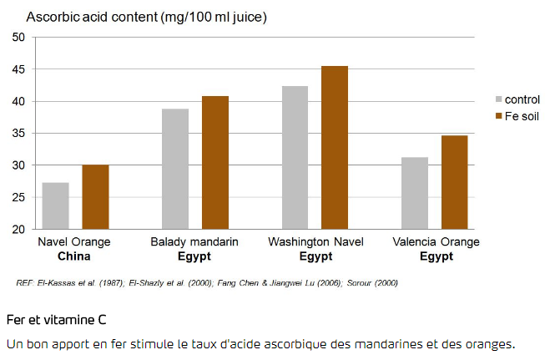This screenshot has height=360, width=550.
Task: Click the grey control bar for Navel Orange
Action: (x=55, y=205)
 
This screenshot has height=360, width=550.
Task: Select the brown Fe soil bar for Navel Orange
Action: (x=95, y=197)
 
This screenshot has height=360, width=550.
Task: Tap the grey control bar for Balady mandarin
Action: (x=175, y=169)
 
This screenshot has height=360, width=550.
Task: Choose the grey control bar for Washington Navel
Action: (x=295, y=157)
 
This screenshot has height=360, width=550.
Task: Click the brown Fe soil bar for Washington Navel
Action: (x=335, y=147)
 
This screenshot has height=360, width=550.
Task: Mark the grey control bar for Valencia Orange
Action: (x=415, y=193)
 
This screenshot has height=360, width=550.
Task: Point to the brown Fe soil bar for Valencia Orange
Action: (x=455, y=182)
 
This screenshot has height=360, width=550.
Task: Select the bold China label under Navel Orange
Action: (x=74, y=256)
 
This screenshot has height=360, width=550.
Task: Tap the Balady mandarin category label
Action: (x=194, y=242)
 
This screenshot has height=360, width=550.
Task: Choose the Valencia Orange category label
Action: (x=436, y=242)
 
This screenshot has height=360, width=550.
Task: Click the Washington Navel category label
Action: (x=315, y=242)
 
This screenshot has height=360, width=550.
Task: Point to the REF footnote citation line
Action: (x=207, y=282)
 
